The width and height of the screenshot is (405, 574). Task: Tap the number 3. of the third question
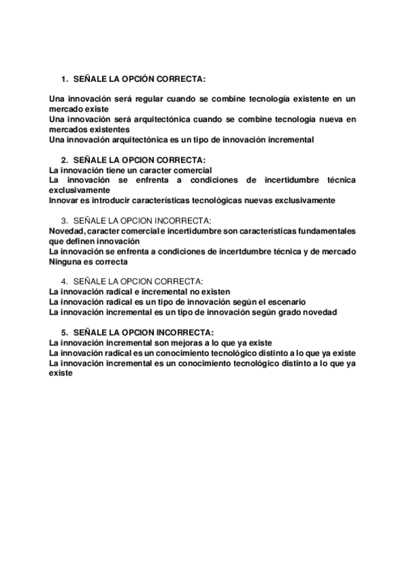pyautogui.click(x=64, y=221)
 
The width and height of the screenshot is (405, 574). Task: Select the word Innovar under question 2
pyautogui.click(x=64, y=200)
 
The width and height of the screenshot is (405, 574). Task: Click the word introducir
pyautogui.click(x=116, y=200)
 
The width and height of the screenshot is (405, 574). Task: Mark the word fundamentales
pyautogui.click(x=323, y=231)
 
